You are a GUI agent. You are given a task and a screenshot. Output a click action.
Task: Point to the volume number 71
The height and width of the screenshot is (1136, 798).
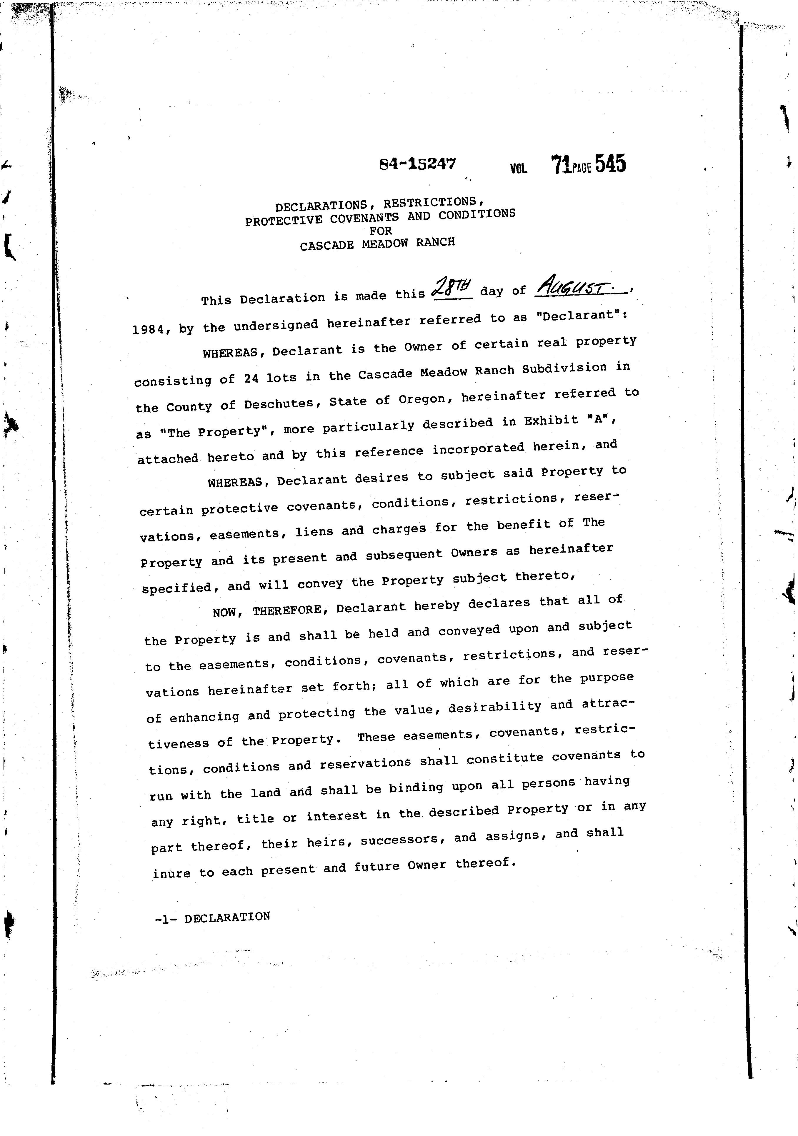562,165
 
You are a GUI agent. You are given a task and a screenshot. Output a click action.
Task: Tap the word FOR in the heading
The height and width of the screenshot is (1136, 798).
380,231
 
